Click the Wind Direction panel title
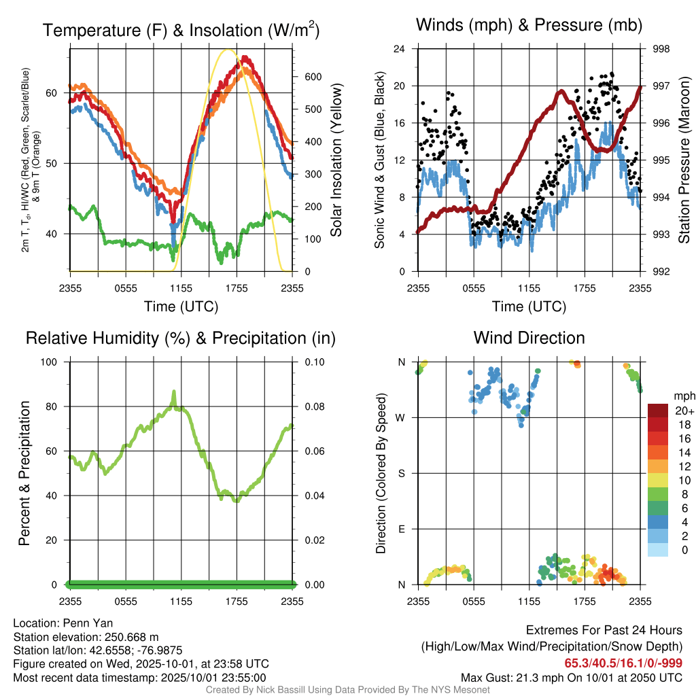(529, 338)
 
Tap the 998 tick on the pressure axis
(661, 49)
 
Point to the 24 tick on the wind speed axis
(400, 49)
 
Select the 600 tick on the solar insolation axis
(312, 77)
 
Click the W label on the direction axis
(402, 417)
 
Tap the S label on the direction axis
(402, 473)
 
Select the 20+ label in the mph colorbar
(683, 411)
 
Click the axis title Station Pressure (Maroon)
(684, 160)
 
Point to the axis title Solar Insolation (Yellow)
(336, 160)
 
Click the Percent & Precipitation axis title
(24, 473)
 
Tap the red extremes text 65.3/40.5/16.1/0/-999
(623, 663)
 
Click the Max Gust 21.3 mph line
(571, 677)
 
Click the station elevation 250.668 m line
(86, 637)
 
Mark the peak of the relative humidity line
(174, 391)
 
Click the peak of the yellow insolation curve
(228, 50)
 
